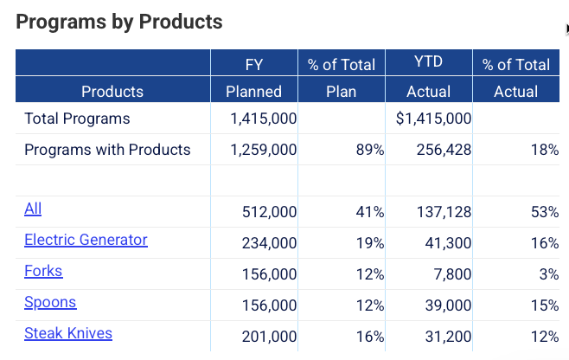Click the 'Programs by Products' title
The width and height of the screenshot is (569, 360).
point(119,22)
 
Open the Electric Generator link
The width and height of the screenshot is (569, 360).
point(86,240)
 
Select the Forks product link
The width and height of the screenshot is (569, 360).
point(43,271)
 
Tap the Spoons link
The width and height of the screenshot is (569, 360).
point(50,302)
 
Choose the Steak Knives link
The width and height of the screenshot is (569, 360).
point(68,333)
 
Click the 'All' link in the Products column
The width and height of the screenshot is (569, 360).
point(33,209)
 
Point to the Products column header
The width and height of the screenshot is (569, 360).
point(112,91)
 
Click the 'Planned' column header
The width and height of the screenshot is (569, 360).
point(253,91)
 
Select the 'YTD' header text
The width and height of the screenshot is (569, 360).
point(429,63)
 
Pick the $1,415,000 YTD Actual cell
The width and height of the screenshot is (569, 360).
point(433,119)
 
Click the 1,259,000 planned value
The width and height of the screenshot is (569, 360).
point(264,150)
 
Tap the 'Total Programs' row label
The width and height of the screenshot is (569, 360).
point(77,119)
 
